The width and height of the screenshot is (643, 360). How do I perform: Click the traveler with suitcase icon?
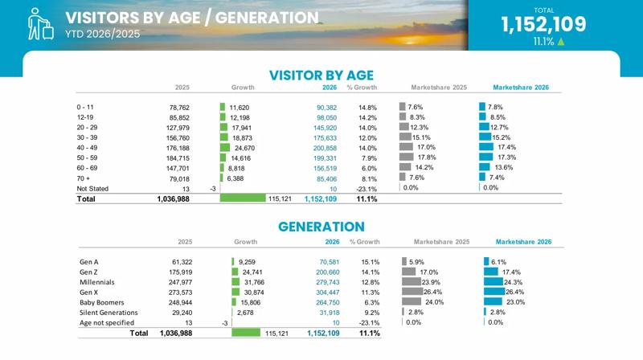[x=40, y=24]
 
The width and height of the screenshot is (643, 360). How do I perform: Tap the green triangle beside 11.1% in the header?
[x=560, y=42]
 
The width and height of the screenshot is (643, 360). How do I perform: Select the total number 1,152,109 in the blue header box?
[x=544, y=24]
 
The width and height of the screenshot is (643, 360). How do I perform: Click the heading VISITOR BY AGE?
[x=321, y=75]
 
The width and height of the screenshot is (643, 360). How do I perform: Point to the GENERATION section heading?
[x=321, y=227]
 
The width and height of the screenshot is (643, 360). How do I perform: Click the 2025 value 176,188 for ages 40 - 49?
[x=178, y=148]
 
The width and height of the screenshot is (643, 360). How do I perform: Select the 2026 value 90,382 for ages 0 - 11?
[x=326, y=108]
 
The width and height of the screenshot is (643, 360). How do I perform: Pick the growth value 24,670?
[x=244, y=148]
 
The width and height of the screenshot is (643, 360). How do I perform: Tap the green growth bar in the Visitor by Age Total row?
[x=243, y=198]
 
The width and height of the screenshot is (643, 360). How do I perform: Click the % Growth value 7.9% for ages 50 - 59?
[x=369, y=158]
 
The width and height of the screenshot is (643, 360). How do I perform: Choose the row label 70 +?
[x=83, y=178]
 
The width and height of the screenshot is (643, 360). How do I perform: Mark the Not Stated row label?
[x=92, y=189]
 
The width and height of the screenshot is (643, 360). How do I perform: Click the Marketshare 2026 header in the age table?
[x=520, y=88]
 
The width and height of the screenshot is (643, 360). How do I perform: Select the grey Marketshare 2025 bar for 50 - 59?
[x=407, y=157]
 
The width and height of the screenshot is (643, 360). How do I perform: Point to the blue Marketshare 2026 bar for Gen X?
[x=494, y=292]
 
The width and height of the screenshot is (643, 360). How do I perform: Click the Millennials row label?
[x=96, y=282]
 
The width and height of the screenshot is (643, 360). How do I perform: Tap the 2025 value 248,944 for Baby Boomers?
[x=180, y=303]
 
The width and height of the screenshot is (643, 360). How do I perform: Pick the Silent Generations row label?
[x=109, y=313]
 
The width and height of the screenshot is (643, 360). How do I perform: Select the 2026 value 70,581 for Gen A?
[x=330, y=262]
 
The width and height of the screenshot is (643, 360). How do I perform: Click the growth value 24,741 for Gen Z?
[x=252, y=272]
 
